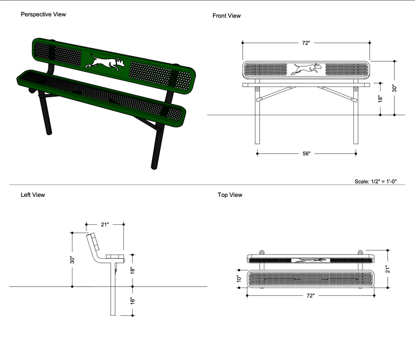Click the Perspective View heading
(43, 14)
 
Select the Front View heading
(226, 16)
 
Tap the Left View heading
(33, 195)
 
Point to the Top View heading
(230, 195)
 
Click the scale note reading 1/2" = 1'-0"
(376, 182)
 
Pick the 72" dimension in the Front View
(306, 43)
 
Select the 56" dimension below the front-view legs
(306, 153)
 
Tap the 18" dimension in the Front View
(380, 98)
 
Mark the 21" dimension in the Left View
(105, 224)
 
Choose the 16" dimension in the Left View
(132, 300)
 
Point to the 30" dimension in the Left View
(73, 260)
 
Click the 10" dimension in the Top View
(239, 278)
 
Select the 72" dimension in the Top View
(311, 296)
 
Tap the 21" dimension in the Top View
(387, 269)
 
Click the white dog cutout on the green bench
(106, 62)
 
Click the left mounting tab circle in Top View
(261, 252)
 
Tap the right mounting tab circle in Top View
(360, 252)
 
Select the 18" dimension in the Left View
(132, 270)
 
